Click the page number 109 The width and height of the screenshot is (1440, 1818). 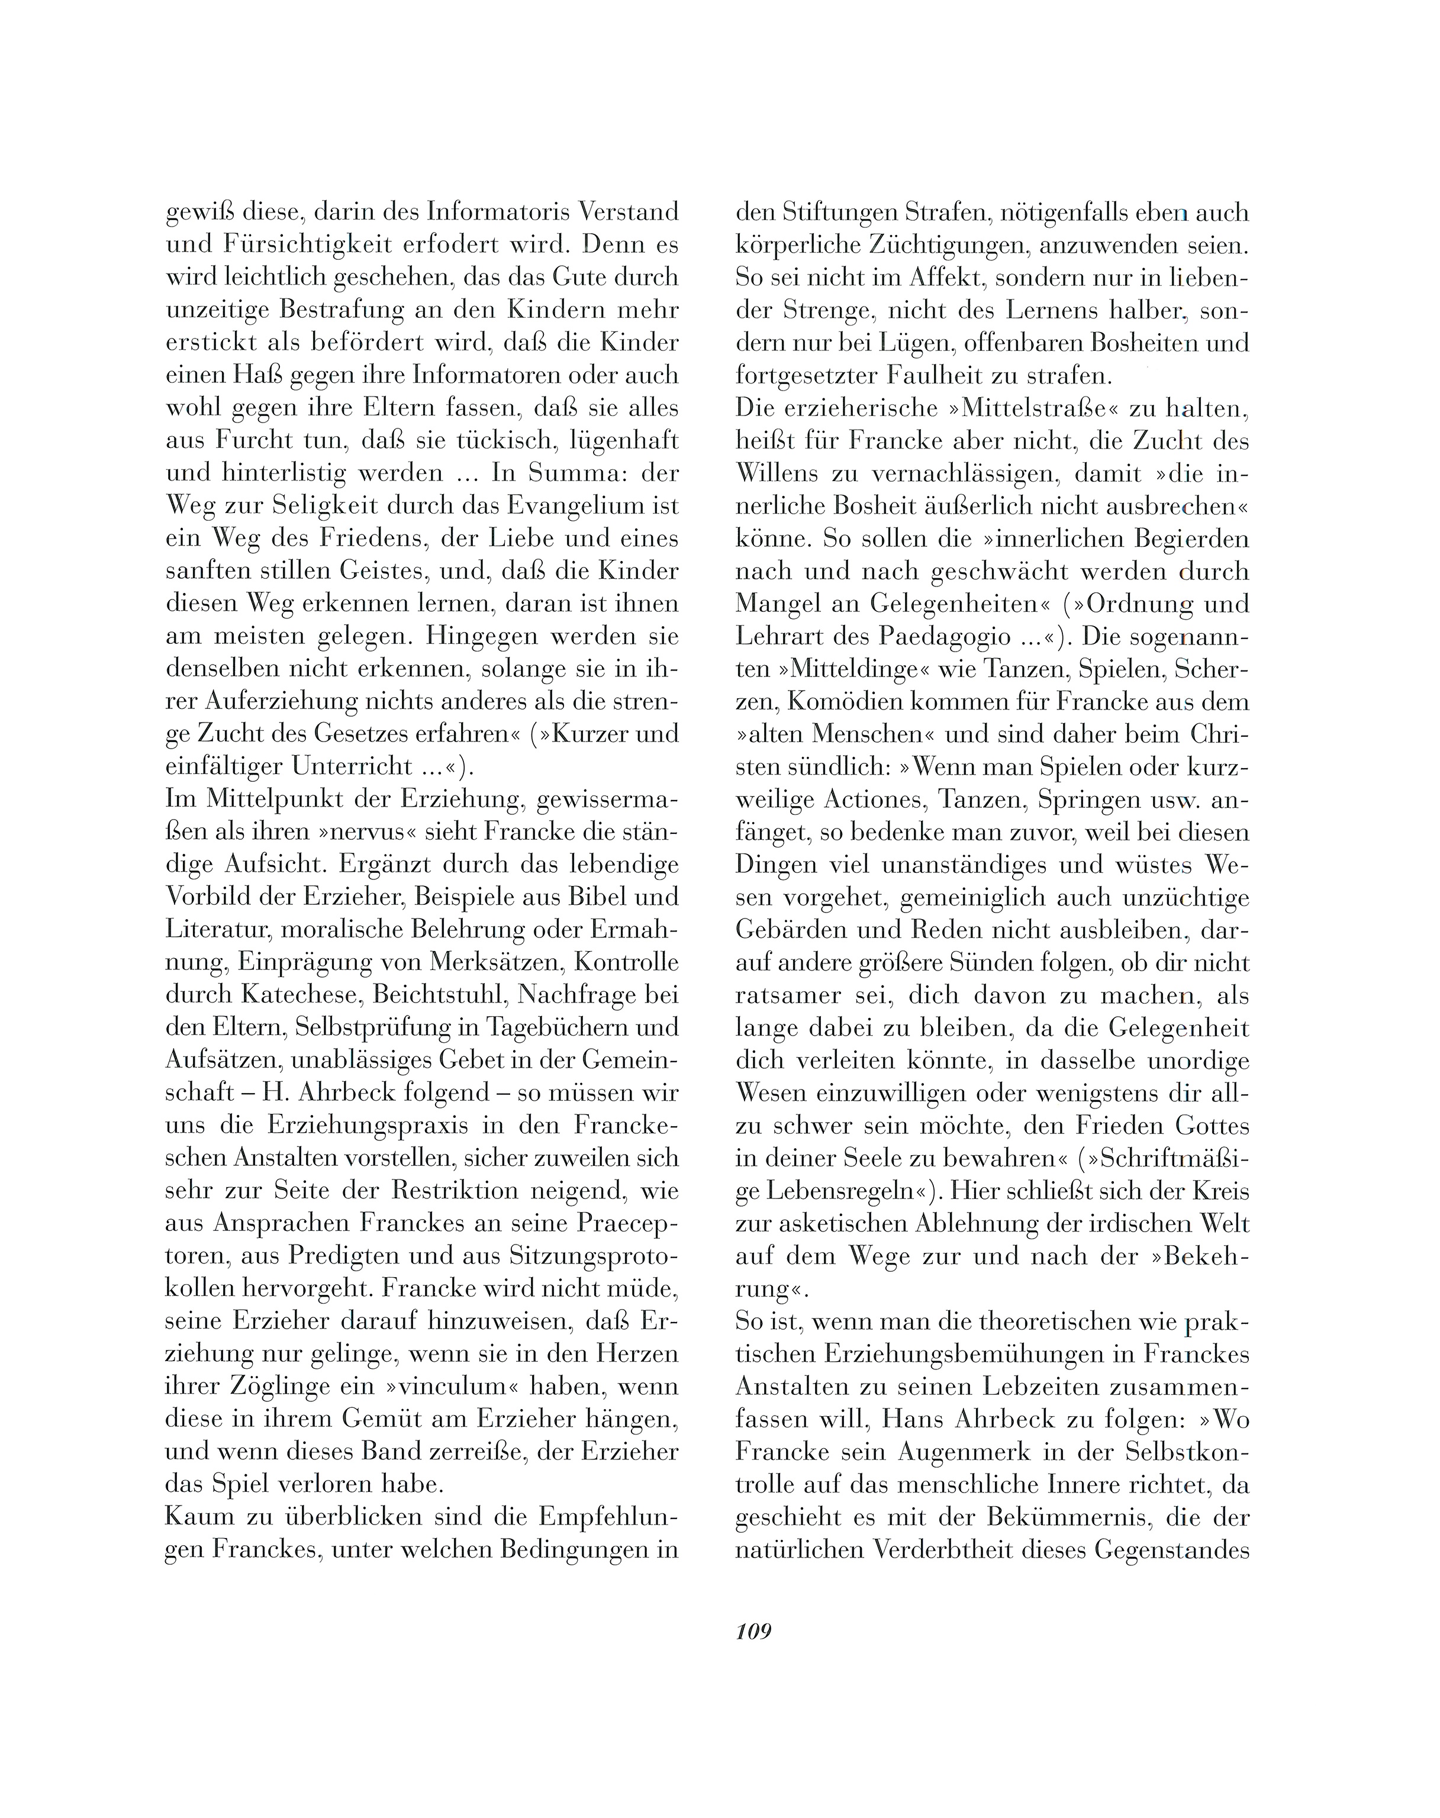coord(753,1632)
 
